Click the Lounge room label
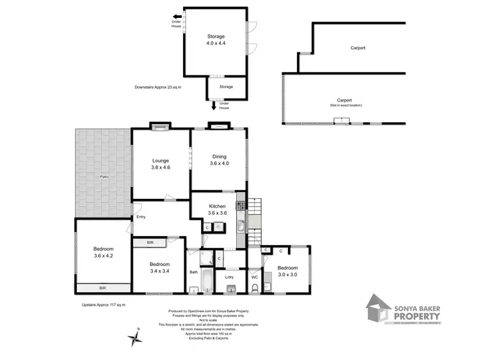click(159, 165)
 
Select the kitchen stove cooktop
click(241, 206)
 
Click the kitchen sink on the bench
click(241, 224)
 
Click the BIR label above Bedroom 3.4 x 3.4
click(150, 242)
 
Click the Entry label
click(141, 217)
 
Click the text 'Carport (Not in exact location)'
click(345, 102)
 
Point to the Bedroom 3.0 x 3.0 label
click(287, 271)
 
